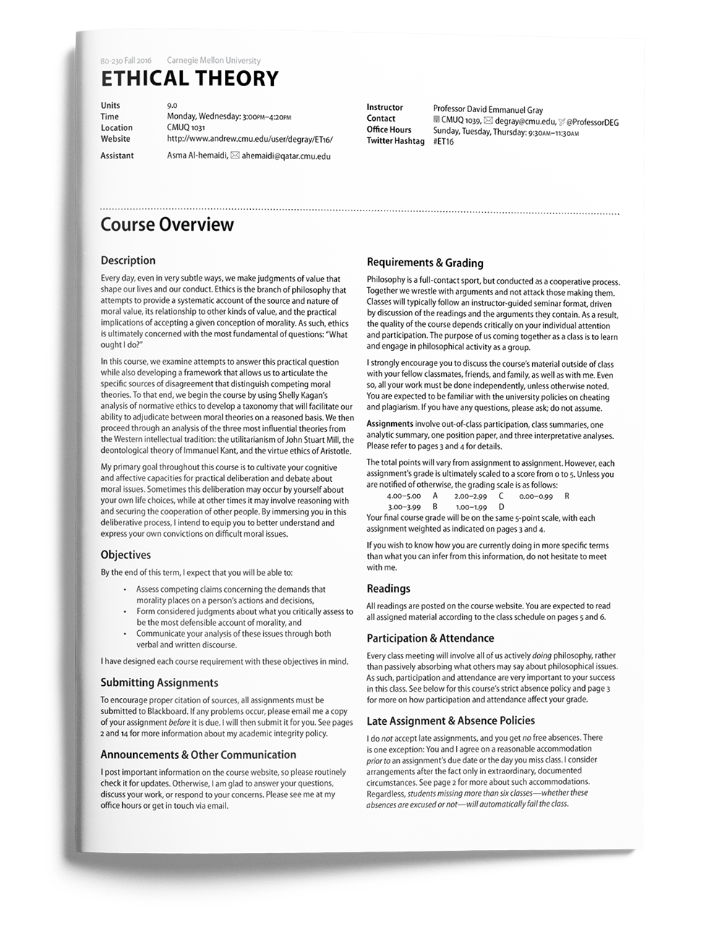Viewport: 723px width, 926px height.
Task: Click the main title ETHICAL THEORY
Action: pyautogui.click(x=189, y=78)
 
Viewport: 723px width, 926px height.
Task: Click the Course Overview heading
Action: pyautogui.click(x=167, y=224)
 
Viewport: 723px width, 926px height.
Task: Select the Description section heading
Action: pyautogui.click(x=128, y=260)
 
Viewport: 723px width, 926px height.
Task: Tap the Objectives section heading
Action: pyautogui.click(x=126, y=555)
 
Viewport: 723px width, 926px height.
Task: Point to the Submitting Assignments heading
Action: pyautogui.click(x=159, y=682)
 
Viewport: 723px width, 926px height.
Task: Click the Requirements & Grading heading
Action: pyautogui.click(x=425, y=263)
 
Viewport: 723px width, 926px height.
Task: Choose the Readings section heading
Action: pyautogui.click(x=388, y=588)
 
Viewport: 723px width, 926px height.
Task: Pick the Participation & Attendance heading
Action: pyautogui.click(x=430, y=638)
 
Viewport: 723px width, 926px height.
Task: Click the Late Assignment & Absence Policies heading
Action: pyautogui.click(x=450, y=721)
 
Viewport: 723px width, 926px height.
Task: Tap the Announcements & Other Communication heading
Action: pyautogui.click(x=198, y=755)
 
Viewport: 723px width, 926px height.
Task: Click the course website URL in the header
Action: pyautogui.click(x=249, y=139)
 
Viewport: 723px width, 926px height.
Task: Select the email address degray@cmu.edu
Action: pyautogui.click(x=526, y=122)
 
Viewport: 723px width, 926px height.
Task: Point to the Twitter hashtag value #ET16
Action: pyautogui.click(x=443, y=142)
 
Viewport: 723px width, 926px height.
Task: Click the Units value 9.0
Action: pyautogui.click(x=172, y=106)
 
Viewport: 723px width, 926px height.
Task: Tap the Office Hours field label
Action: pyautogui.click(x=389, y=129)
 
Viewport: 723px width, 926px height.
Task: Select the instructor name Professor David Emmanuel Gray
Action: pyautogui.click(x=488, y=110)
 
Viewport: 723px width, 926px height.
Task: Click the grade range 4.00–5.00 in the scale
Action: pyautogui.click(x=403, y=496)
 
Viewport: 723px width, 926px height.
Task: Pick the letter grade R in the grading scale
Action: pyautogui.click(x=567, y=496)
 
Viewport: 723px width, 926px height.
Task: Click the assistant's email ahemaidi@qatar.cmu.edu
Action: pyautogui.click(x=286, y=156)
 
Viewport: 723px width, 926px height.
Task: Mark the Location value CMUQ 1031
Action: pyautogui.click(x=186, y=128)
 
